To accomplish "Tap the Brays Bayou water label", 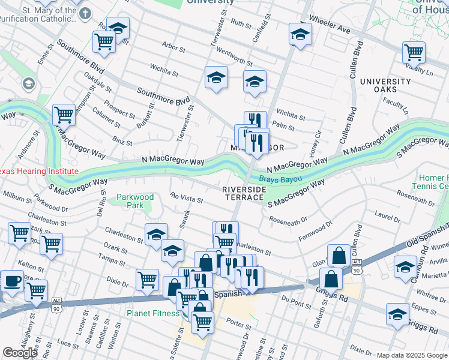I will pyautogui.click(x=280, y=179).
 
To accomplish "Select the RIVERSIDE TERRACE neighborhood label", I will pyautogui.click(x=244, y=193).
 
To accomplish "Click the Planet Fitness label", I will pyautogui.click(x=153, y=313).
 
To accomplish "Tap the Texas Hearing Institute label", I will pyautogui.click(x=38, y=171).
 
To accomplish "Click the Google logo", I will pyautogui.click(x=20, y=353).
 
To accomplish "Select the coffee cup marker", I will pyautogui.click(x=11, y=281).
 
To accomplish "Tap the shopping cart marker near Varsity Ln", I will pyautogui.click(x=414, y=53).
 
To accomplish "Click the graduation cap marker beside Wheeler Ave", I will pyautogui.click(x=300, y=34).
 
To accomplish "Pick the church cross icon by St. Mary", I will pyautogui.click(x=86, y=13).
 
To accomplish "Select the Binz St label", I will pyautogui.click(x=122, y=142).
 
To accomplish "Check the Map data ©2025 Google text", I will pyautogui.click(x=412, y=355).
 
